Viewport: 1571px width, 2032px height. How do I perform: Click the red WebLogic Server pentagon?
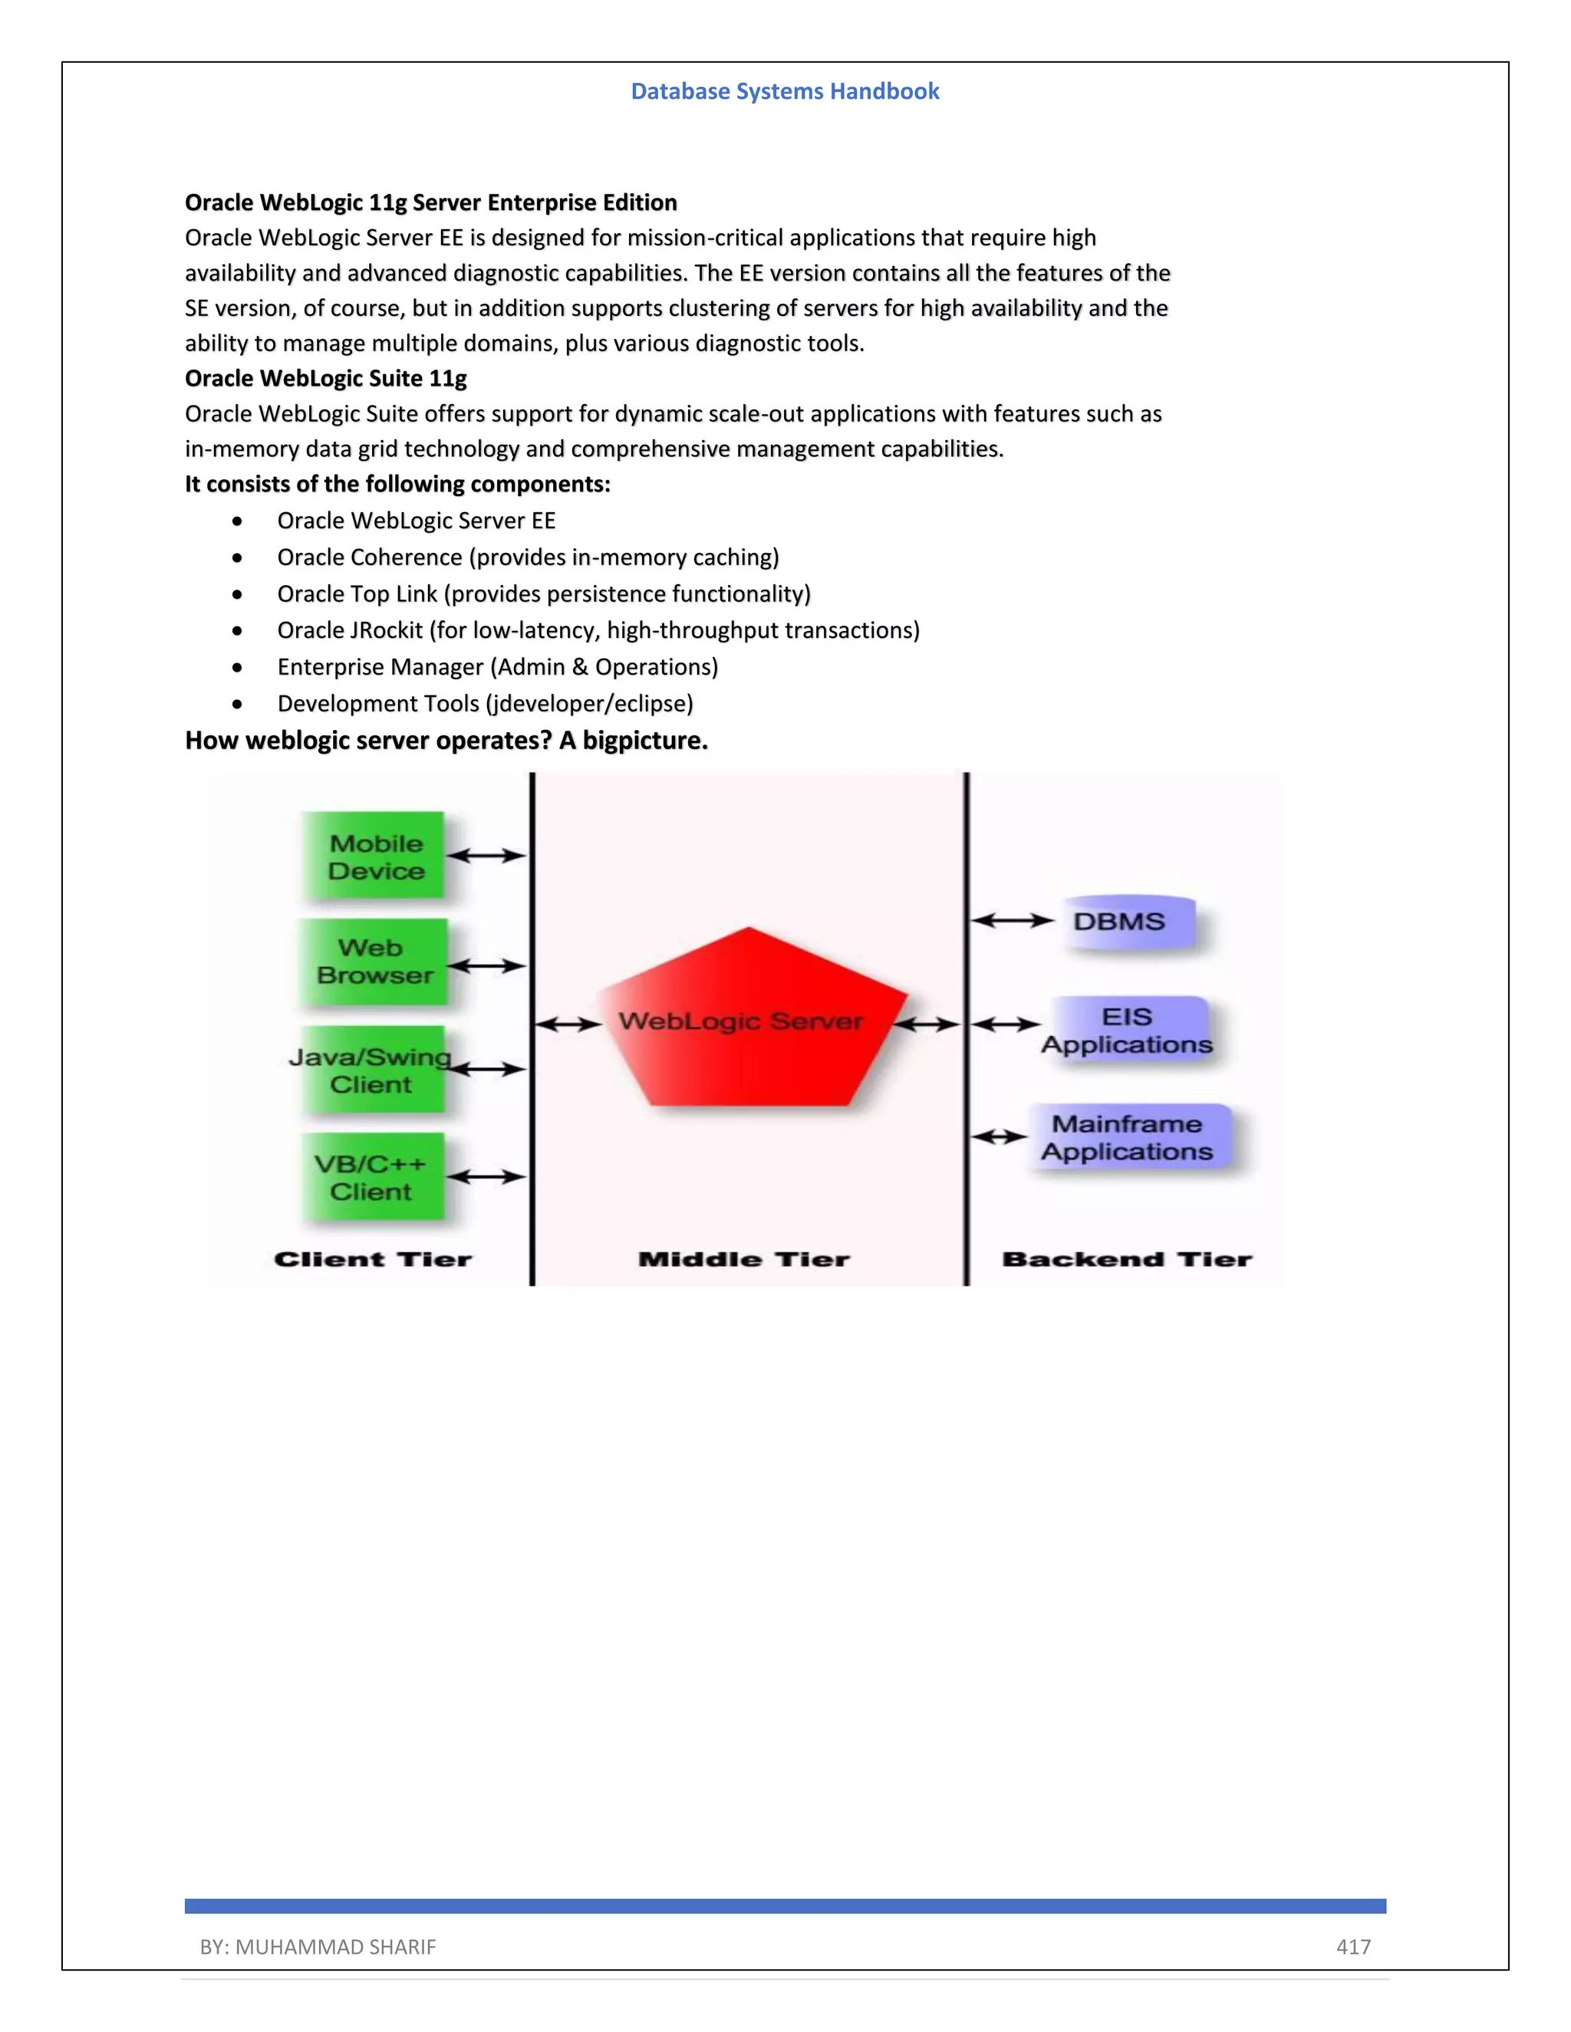pyautogui.click(x=750, y=1024)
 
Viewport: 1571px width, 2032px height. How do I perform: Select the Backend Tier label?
pyautogui.click(x=1127, y=1260)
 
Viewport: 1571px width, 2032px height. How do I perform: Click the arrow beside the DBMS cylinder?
pyautogui.click(x=1012, y=921)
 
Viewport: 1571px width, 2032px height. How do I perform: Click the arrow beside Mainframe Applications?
pyautogui.click(x=999, y=1137)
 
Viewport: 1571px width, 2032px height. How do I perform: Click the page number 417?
pyautogui.click(x=1353, y=1946)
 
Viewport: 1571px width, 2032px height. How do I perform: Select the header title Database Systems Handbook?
pyautogui.click(x=785, y=91)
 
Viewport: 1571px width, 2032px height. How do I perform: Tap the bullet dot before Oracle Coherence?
pyautogui.click(x=239, y=558)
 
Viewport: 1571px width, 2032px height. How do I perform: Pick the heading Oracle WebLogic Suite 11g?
pyautogui.click(x=326, y=379)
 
